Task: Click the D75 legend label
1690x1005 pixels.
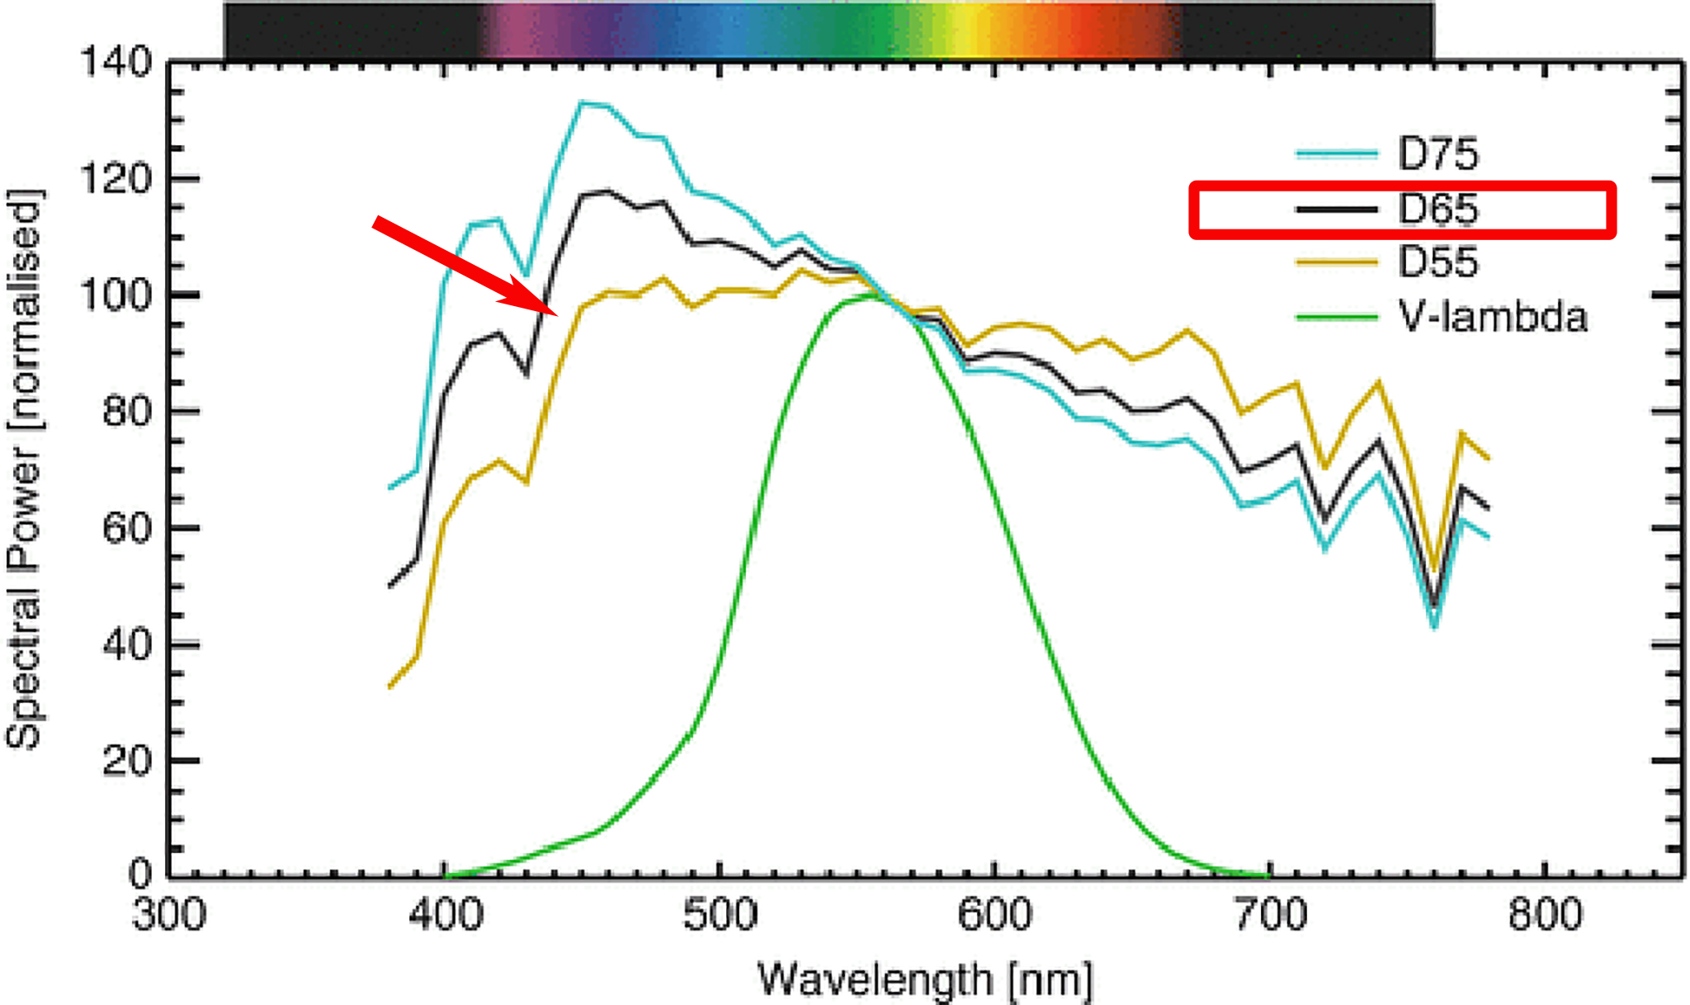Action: pyautogui.click(x=1437, y=154)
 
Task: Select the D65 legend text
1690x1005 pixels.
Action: pyautogui.click(x=1437, y=210)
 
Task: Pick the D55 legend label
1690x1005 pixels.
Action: pyautogui.click(x=1437, y=262)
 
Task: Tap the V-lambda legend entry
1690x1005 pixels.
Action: pyautogui.click(x=1492, y=317)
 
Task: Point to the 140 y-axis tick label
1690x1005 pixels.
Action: pyautogui.click(x=116, y=62)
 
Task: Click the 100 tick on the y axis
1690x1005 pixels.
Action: pyautogui.click(x=116, y=295)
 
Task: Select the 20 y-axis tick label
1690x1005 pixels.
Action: pyautogui.click(x=127, y=761)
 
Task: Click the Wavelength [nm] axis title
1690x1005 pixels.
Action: pyautogui.click(x=924, y=980)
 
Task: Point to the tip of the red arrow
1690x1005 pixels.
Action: pyautogui.click(x=559, y=314)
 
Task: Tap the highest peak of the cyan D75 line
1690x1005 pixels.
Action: pyautogui.click(x=582, y=103)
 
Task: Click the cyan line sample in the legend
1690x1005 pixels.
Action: pyautogui.click(x=1337, y=154)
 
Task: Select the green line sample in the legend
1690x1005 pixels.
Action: pyautogui.click(x=1337, y=317)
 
